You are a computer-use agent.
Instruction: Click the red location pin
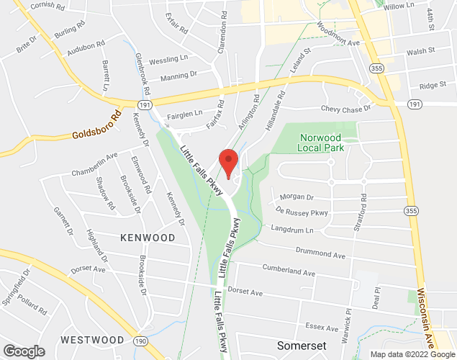pyautogui.click(x=227, y=161)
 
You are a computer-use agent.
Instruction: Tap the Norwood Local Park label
pyautogui.click(x=322, y=142)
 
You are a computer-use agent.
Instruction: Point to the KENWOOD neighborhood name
pyautogui.click(x=148, y=237)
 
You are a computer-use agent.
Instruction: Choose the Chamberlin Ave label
pyautogui.click(x=94, y=165)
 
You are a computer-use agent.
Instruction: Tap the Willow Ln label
pyautogui.click(x=400, y=6)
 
